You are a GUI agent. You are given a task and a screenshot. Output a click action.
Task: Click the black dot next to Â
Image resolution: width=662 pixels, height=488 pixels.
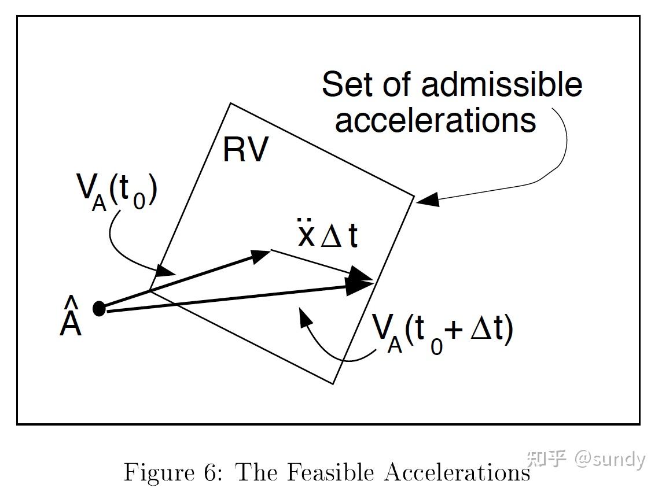[99, 309]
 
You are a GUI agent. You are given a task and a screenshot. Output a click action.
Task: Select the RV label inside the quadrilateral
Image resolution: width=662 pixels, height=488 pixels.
[245, 150]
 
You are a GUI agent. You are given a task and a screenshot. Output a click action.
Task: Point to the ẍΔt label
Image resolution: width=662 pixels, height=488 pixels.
[328, 233]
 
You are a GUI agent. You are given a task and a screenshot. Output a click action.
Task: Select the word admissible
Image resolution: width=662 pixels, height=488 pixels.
[501, 84]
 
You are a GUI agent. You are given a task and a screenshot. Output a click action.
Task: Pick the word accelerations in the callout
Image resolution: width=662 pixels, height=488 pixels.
[435, 120]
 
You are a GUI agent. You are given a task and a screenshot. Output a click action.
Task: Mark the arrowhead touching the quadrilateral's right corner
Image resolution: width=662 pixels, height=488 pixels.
[427, 201]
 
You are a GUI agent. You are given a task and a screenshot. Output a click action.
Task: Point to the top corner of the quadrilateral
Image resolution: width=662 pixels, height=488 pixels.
[231, 103]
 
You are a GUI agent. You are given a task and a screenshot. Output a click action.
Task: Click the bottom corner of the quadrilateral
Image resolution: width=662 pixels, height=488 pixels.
[333, 383]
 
